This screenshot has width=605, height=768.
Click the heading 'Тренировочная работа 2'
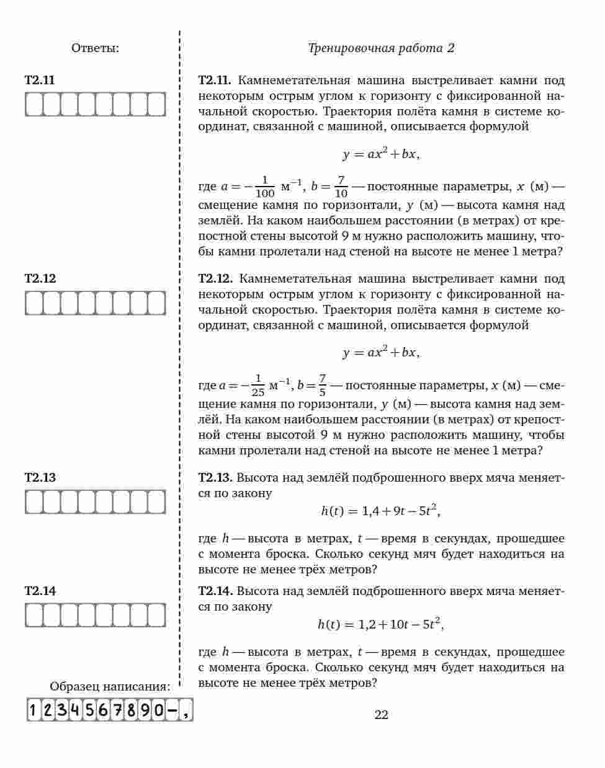381,48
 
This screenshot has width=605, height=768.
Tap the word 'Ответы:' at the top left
95,48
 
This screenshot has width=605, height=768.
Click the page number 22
381,715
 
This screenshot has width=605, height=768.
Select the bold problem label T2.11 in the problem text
215,81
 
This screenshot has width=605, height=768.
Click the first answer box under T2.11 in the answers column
34,104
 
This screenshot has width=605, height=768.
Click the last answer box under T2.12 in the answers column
157,303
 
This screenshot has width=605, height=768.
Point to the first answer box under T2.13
34,501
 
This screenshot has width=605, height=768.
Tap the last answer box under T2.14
157,615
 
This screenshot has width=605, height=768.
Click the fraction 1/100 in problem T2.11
265,187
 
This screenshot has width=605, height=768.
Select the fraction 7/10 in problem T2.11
341,187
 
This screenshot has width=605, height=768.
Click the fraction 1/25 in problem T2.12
258,386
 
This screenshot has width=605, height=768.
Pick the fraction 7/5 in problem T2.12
322,386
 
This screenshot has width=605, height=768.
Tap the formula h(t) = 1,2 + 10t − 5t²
381,624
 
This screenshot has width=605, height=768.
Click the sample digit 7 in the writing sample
117,710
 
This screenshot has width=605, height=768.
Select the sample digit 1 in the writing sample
33,710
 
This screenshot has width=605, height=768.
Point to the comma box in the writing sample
186,710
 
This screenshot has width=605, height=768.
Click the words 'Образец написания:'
110,687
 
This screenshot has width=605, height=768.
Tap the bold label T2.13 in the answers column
40,477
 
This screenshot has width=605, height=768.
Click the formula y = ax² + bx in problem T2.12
381,353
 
